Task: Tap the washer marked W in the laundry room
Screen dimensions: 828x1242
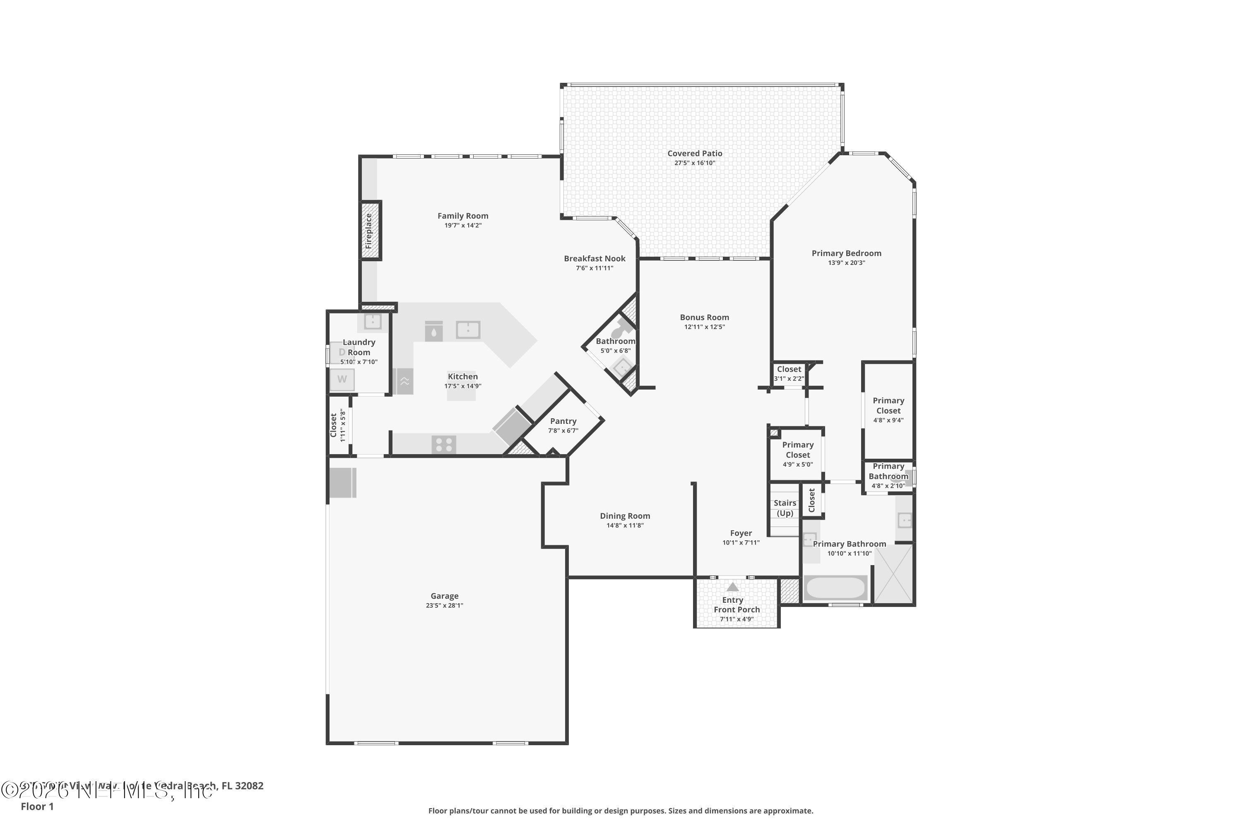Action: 342,379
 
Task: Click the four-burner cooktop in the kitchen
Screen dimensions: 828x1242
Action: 443,445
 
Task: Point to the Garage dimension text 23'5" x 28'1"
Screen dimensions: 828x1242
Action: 444,605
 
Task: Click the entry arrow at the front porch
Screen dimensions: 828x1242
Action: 732,587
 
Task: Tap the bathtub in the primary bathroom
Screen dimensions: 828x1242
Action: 835,588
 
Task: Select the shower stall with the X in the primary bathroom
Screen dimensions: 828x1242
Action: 893,574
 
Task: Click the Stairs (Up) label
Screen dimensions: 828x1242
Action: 785,508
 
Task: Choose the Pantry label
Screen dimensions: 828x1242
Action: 563,421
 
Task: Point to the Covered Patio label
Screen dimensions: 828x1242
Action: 694,153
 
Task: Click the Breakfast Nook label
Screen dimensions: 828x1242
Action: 595,258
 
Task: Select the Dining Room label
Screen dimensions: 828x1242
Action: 625,516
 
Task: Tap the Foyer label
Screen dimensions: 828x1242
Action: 741,533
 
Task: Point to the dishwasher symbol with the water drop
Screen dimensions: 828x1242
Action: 433,332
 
